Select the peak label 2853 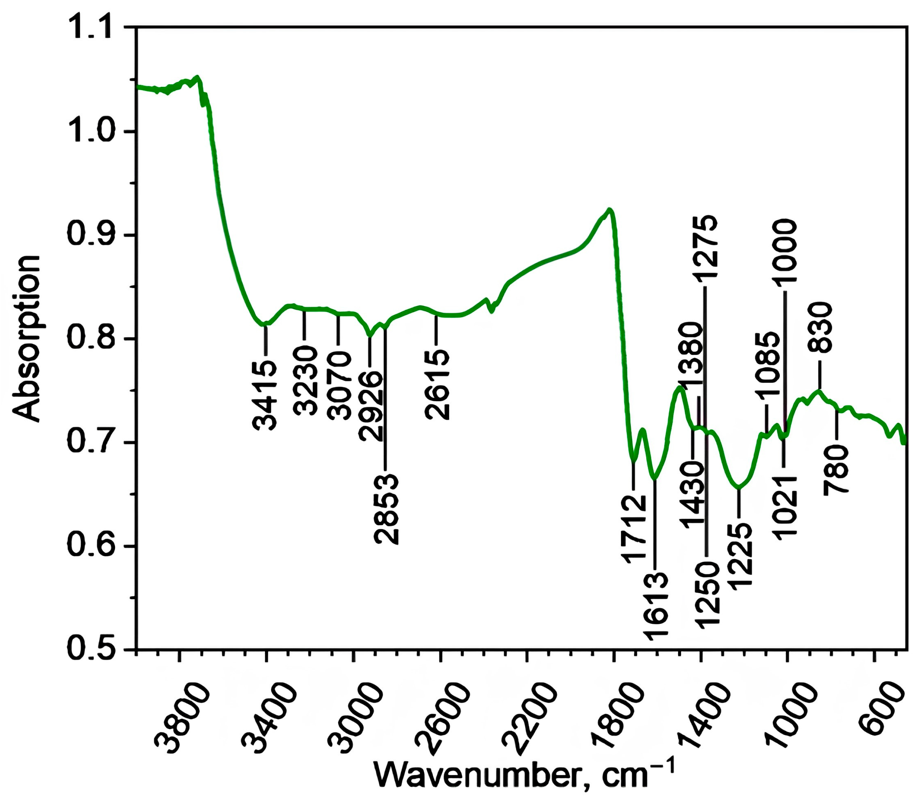[x=386, y=509]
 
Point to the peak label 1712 [x=633, y=529]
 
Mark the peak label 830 [x=820, y=326]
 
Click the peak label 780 [x=837, y=469]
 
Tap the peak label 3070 [x=339, y=385]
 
